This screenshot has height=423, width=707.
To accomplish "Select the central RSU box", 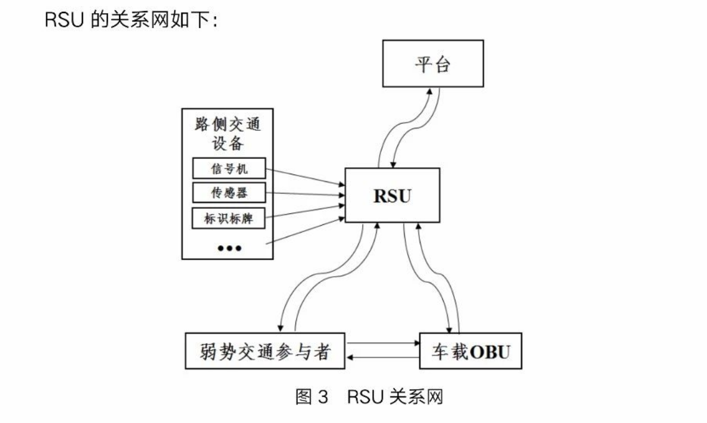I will [x=392, y=195].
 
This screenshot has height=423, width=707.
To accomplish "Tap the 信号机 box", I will [x=228, y=170].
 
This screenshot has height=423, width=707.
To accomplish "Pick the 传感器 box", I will [x=228, y=193].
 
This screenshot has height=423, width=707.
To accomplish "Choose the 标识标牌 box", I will [x=228, y=218].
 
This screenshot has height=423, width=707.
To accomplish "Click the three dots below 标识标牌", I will [x=229, y=248].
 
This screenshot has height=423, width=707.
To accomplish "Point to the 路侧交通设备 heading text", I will [x=228, y=134].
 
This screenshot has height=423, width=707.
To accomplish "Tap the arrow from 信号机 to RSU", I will [x=305, y=178].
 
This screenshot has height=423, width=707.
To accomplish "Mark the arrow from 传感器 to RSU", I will [x=305, y=194].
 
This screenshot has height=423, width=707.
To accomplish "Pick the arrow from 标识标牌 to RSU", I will [x=305, y=211].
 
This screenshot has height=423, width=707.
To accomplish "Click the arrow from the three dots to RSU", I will [x=305, y=232].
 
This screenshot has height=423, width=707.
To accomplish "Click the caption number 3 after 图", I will [x=323, y=397].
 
